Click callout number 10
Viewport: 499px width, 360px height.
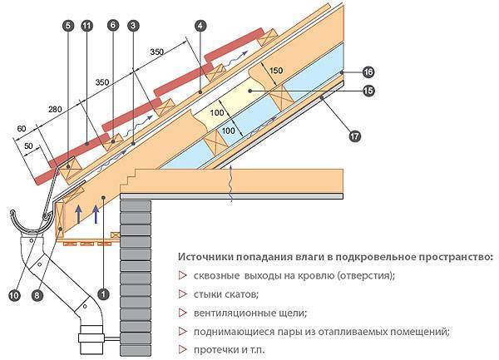point(14,293)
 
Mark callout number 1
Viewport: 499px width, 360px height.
point(102,293)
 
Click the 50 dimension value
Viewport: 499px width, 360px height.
point(32,148)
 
